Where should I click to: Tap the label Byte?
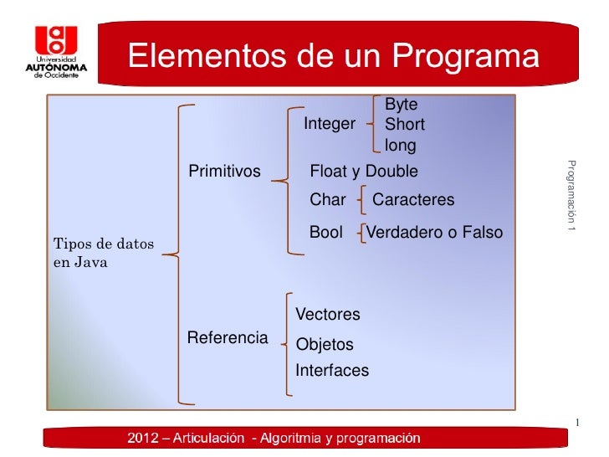401,105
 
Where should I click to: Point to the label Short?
404,125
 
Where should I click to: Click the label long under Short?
400,146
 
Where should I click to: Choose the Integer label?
330,124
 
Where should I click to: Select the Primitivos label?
224,172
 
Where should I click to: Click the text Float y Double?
364,172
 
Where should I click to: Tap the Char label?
328,200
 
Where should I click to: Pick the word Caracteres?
413,200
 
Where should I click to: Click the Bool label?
326,233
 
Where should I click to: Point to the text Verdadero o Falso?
435,233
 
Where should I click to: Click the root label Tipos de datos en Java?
104,253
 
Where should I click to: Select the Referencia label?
228,338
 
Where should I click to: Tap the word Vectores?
328,315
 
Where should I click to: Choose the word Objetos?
325,345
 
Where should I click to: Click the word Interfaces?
332,371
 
